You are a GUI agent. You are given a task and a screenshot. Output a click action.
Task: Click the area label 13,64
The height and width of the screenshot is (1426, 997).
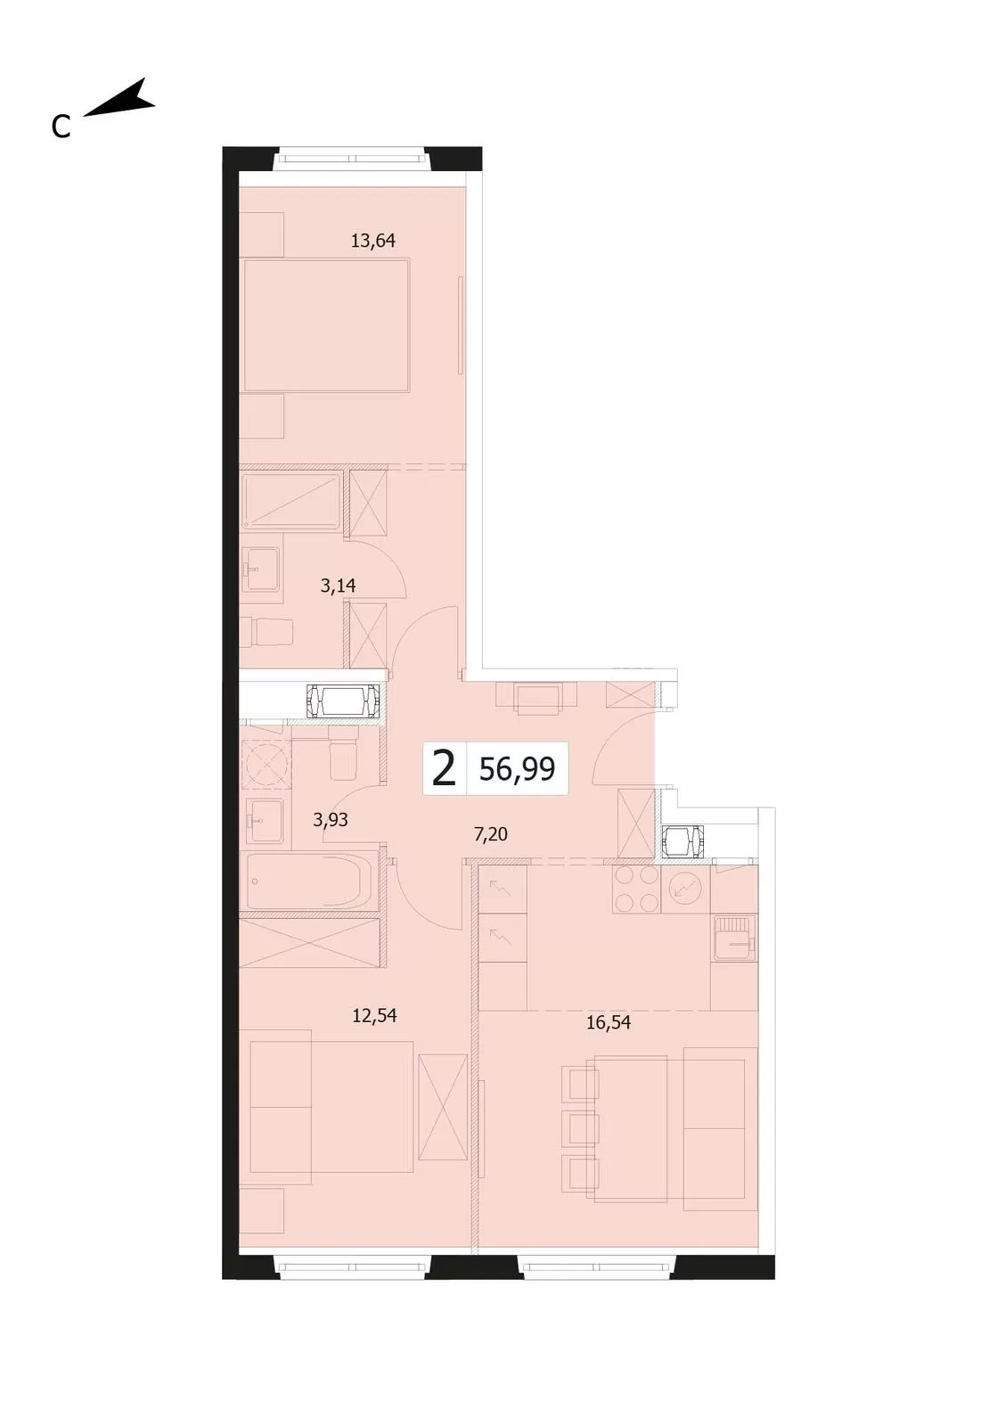point(373,241)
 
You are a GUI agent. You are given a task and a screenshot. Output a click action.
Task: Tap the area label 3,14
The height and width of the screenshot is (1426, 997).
point(338,586)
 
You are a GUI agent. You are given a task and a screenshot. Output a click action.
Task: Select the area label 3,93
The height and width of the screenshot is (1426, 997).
point(331,819)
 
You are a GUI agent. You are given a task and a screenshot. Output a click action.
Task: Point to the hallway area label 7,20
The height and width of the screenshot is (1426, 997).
point(491,834)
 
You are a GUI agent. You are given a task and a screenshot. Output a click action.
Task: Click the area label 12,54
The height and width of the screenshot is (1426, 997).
point(375,1015)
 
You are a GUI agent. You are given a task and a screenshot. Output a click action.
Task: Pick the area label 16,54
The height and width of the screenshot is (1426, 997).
point(609,1023)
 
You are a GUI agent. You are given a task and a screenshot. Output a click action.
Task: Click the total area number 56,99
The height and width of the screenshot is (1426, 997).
point(518,770)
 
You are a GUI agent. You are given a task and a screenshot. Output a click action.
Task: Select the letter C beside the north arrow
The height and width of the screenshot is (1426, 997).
point(61,127)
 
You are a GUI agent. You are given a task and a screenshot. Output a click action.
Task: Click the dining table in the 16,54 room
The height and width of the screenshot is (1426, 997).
point(631,1128)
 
